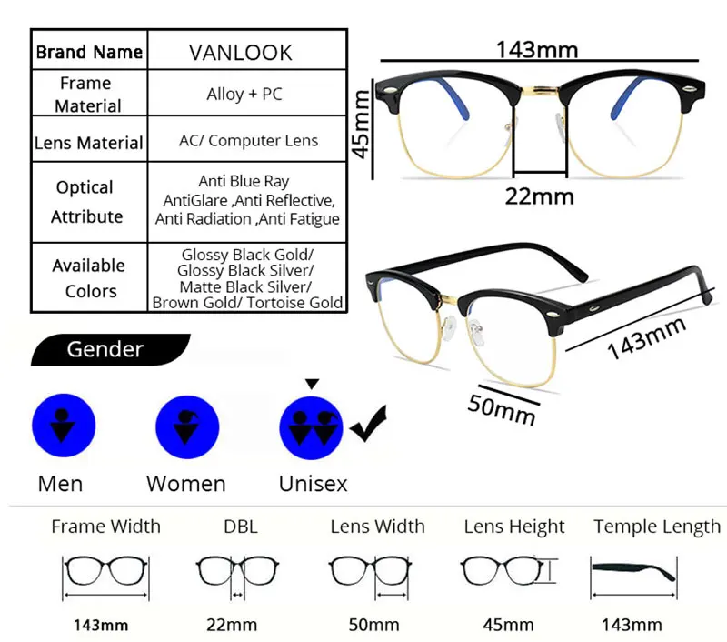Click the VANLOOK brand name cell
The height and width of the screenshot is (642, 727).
click(240, 53)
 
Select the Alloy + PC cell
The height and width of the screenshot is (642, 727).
click(244, 94)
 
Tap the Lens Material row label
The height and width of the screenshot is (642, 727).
click(88, 143)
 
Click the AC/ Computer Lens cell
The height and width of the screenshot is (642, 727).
click(248, 140)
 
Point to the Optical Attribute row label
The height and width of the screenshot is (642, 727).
click(86, 202)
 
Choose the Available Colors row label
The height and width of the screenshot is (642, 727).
click(89, 277)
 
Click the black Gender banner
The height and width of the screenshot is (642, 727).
click(109, 349)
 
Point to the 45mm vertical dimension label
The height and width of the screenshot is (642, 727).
click(363, 122)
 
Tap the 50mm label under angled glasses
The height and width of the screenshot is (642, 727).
click(502, 406)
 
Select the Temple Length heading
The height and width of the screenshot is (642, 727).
click(656, 527)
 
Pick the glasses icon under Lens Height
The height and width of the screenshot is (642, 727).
click(504, 572)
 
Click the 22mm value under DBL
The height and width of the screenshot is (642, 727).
click(234, 625)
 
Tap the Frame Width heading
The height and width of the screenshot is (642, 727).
click(105, 527)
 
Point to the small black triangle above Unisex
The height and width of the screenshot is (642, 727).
click(312, 384)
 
